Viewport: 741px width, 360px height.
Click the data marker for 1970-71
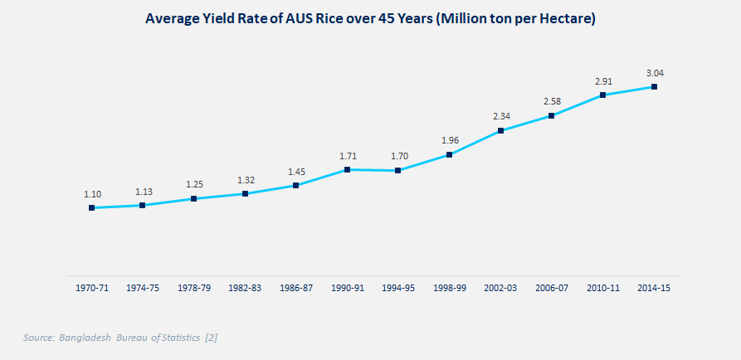click(x=92, y=207)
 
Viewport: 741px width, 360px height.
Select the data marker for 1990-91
click(x=347, y=169)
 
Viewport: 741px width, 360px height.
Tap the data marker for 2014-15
click(x=655, y=86)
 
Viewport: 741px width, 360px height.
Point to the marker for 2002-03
click(x=501, y=130)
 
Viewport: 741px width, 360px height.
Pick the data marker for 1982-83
click(x=246, y=193)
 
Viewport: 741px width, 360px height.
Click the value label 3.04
click(x=655, y=73)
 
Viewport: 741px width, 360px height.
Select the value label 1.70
click(x=398, y=155)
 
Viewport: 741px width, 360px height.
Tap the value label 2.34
click(x=501, y=116)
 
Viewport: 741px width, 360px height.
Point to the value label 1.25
click(x=194, y=183)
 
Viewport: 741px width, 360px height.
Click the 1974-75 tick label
click(x=143, y=288)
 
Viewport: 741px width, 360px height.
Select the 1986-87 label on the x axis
click(x=296, y=288)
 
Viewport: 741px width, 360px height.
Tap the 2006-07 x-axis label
click(x=552, y=288)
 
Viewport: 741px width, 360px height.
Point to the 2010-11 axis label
click(x=603, y=288)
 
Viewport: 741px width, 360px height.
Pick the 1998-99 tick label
click(x=450, y=288)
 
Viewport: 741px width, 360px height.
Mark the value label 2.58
click(x=553, y=101)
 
